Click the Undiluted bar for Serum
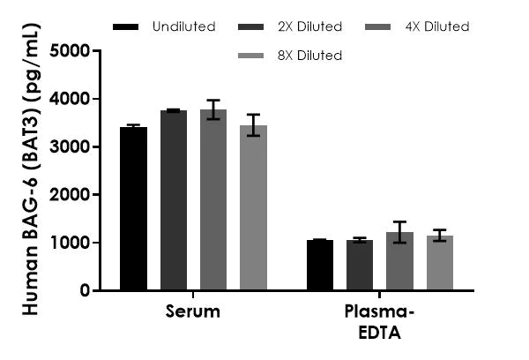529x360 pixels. (134, 209)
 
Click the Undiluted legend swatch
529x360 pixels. (127, 27)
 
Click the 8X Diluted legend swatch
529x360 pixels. (252, 56)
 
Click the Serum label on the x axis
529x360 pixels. (192, 312)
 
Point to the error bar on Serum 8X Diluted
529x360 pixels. (253, 124)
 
